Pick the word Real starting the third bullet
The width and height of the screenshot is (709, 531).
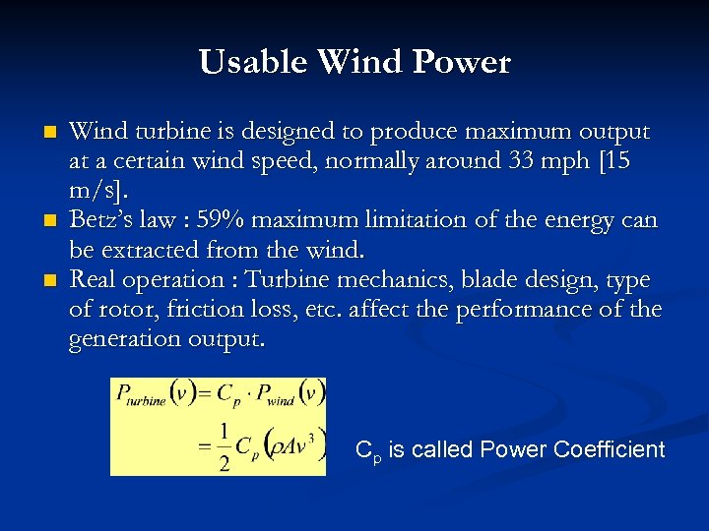coord(94,279)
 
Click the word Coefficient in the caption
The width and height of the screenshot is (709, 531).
coord(610,449)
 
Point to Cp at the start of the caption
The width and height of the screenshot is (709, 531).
coord(367,451)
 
